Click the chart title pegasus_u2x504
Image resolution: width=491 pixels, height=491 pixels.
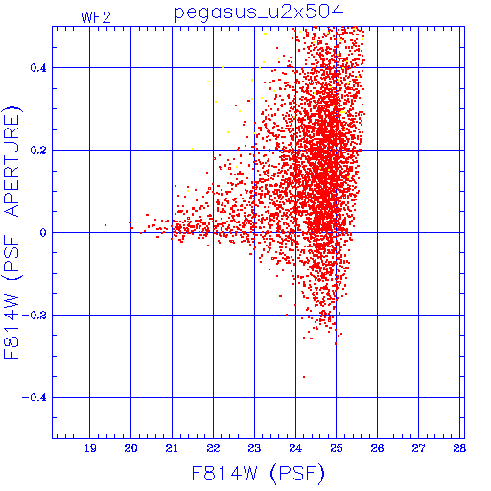coord(259,13)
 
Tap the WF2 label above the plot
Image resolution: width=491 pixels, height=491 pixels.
coord(96,17)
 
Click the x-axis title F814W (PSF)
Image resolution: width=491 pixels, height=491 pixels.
coord(258,473)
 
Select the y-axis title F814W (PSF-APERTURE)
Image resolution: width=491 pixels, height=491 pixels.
coord(12,232)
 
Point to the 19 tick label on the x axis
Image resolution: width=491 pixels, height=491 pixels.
coord(90,448)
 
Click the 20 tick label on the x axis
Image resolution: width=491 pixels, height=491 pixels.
coord(130,448)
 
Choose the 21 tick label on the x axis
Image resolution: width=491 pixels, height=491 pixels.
coord(172,448)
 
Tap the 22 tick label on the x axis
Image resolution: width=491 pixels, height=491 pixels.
coord(213,448)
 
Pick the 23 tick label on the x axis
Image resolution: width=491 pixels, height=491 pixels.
coord(254,448)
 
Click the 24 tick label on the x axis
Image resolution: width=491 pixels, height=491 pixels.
coord(295,448)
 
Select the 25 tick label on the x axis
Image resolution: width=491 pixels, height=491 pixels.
coord(337,448)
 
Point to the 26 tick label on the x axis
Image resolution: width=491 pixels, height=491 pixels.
coord(377,448)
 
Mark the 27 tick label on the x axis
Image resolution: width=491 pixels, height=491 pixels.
coord(418,448)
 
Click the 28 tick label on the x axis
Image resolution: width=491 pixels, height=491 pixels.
coord(459,448)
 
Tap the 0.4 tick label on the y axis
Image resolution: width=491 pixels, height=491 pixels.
coord(38,68)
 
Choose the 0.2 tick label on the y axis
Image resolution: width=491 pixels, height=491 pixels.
coord(38,151)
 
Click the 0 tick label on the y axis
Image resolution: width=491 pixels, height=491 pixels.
coord(43,232)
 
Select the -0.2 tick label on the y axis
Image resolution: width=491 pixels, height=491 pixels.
coord(35,316)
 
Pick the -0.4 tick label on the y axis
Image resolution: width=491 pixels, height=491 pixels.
coord(35,398)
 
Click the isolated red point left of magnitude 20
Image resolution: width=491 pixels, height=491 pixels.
coord(105,225)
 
